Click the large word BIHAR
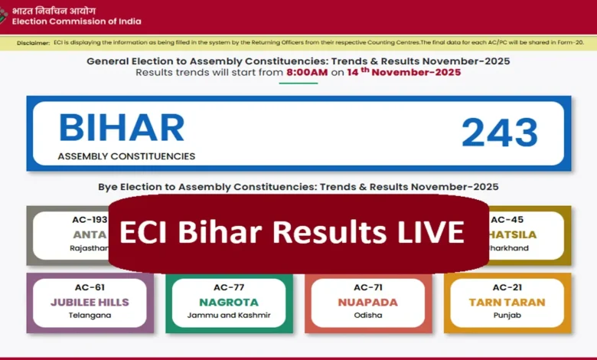(121, 128)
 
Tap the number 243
(500, 133)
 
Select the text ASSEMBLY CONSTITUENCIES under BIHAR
(126, 156)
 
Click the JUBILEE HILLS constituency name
(90, 303)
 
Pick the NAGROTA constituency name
(229, 303)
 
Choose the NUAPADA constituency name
(367, 303)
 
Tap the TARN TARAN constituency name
(507, 303)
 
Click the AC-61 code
(90, 287)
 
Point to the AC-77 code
(229, 287)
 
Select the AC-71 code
(367, 287)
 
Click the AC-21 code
(507, 287)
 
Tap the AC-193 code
(90, 220)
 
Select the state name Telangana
(90, 316)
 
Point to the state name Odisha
(367, 316)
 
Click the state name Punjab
(507, 316)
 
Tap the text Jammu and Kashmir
(229, 316)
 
